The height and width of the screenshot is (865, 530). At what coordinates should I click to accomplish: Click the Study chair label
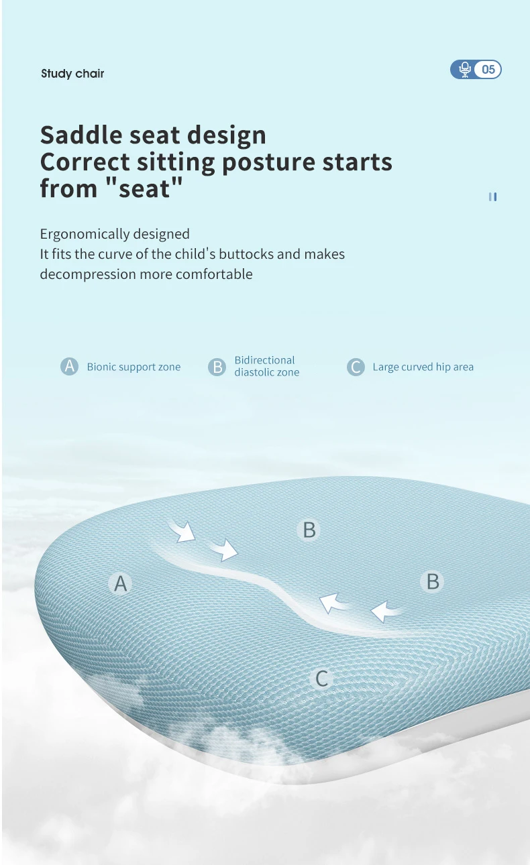coord(72,73)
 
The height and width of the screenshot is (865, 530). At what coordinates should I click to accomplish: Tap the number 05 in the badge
coord(488,70)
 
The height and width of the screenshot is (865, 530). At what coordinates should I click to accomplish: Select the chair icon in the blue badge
coord(465,70)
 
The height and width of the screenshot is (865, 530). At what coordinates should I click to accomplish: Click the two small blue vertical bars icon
coord(492,197)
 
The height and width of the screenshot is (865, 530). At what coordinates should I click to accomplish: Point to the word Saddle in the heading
coord(81,135)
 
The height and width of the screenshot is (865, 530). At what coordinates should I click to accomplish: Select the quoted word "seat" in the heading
coord(144,188)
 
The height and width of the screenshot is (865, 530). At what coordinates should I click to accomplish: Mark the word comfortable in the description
coord(214,274)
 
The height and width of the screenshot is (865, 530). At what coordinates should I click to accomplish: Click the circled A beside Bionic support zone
coord(70,366)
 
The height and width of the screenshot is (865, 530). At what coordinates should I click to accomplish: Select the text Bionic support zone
coord(134,367)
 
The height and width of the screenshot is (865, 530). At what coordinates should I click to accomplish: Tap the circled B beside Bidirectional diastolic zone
coord(217,367)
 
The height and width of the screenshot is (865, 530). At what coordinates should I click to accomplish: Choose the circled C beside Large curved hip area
coord(356,367)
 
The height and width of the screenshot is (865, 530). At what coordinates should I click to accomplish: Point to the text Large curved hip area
coord(423,367)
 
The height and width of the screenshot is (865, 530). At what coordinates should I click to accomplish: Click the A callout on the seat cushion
coord(121,583)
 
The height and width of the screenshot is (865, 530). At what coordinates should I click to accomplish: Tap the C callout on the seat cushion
coord(321,679)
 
